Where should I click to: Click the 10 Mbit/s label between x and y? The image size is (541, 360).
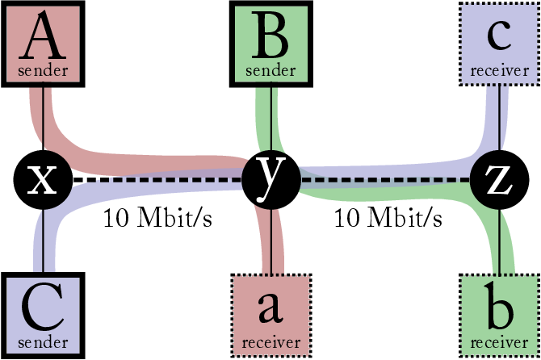click(x=157, y=218)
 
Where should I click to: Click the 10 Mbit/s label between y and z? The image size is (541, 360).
click(x=389, y=218)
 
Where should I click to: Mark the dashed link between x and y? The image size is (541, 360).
click(x=157, y=178)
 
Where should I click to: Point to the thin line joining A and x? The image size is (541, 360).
click(x=41, y=117)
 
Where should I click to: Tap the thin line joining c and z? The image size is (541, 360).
click(x=499, y=117)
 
